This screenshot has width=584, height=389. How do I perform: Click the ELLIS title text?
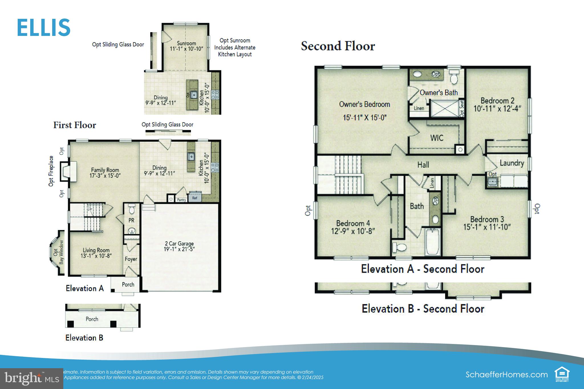44,28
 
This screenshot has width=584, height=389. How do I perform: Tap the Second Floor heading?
338,46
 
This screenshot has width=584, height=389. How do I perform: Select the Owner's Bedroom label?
364,104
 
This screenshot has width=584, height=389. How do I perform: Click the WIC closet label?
437,138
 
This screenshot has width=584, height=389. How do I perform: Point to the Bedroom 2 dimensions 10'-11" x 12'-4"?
497,109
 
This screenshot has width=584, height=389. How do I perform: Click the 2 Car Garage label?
179,244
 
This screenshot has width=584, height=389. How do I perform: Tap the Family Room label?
105,170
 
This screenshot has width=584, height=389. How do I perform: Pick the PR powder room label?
131,220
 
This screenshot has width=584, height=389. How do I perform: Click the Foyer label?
131,259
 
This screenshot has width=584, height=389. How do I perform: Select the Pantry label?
181,200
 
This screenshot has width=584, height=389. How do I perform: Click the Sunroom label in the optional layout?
186,43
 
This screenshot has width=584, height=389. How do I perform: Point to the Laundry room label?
512,163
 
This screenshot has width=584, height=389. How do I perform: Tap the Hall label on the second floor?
423,165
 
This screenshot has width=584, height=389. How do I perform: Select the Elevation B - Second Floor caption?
423,309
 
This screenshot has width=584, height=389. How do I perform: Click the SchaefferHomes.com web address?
506,374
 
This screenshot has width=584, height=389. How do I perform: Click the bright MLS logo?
31,378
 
